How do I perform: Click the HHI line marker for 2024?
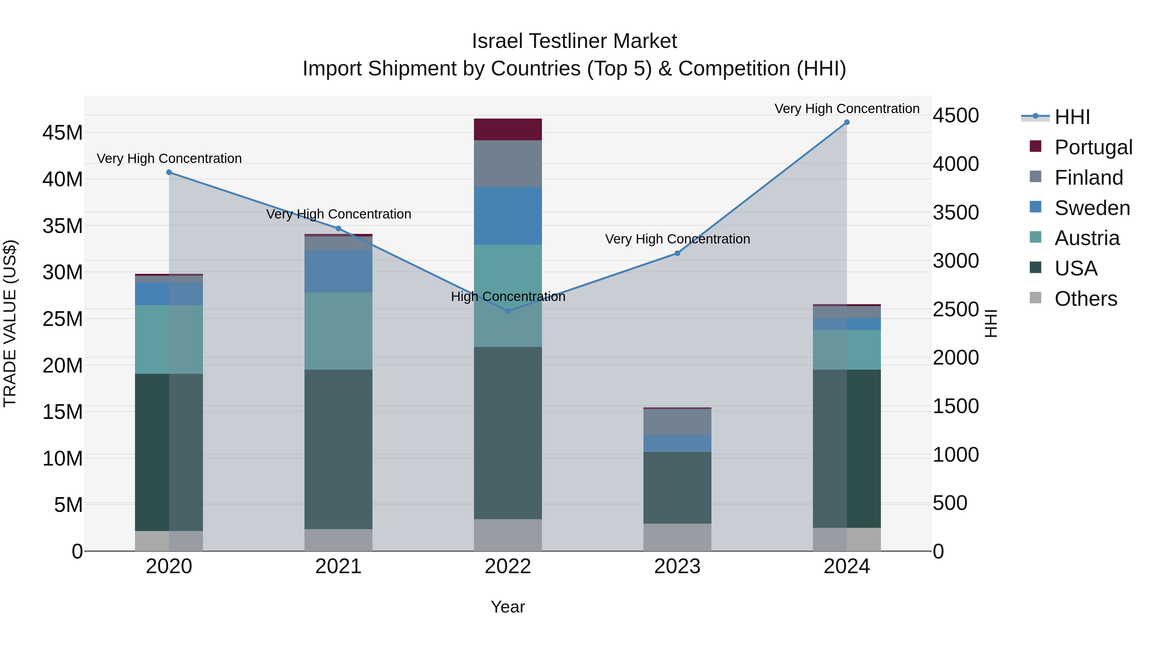point(846,122)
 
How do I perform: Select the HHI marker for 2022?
point(507,311)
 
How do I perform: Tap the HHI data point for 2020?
point(169,172)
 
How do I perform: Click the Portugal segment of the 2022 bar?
point(507,129)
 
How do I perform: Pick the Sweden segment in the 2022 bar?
point(507,216)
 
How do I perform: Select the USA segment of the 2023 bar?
point(677,488)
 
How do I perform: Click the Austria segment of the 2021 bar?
point(338,331)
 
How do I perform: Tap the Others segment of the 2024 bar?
point(846,539)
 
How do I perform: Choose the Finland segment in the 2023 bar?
point(677,422)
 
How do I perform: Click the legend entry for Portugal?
point(1093,147)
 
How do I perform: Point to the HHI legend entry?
point(1072,117)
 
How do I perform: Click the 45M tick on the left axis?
point(63,133)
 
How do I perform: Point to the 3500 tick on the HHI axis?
point(956,212)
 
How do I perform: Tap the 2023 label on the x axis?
point(677,566)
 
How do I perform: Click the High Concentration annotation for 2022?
point(507,297)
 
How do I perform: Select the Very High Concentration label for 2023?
point(677,239)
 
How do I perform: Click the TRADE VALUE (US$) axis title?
point(10,323)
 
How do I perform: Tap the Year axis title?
point(507,607)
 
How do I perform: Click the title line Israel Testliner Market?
point(574,41)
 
